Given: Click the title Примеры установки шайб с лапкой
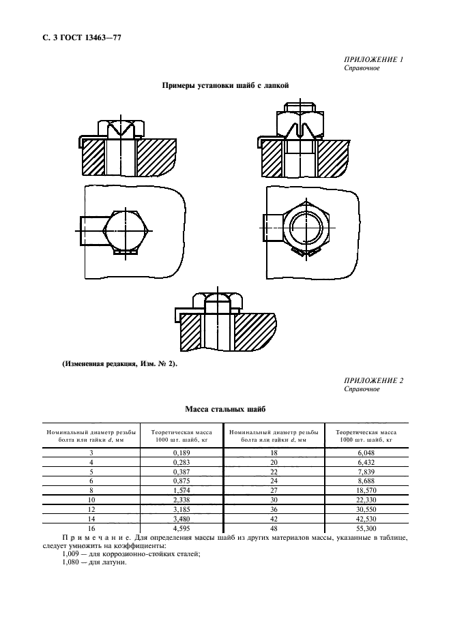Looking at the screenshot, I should (x=225, y=86).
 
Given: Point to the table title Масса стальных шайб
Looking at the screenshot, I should (x=225, y=409).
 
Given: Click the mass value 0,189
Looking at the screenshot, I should (x=181, y=453).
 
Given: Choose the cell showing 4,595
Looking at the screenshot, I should (x=181, y=528).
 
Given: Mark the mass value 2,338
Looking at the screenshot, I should (x=181, y=500).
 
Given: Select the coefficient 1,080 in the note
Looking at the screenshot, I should (x=72, y=563).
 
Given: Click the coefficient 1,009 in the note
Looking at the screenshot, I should (x=72, y=554).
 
